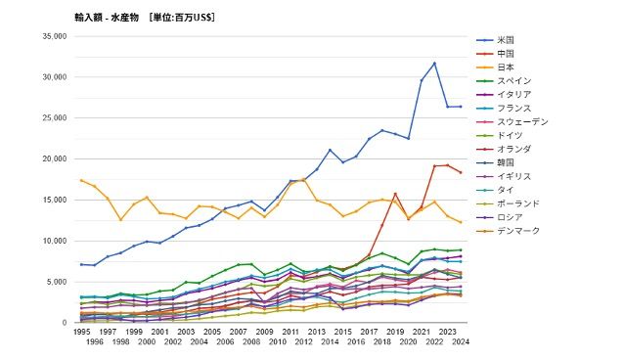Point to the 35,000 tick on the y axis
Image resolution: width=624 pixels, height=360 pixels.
(x=53, y=36)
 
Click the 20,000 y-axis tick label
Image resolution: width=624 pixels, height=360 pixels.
(x=53, y=158)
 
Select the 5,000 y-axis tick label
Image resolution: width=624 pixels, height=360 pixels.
(x=56, y=282)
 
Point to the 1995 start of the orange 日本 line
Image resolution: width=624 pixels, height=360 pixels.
(x=81, y=180)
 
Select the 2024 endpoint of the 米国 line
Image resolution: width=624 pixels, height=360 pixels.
(x=461, y=107)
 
